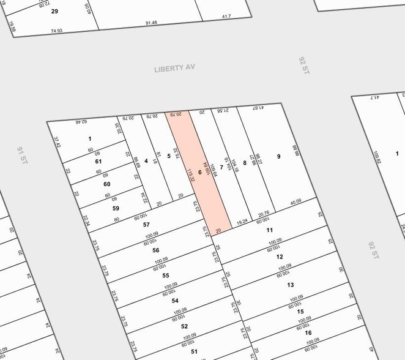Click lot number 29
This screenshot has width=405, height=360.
(x=54, y=12)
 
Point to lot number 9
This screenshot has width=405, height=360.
(x=278, y=157)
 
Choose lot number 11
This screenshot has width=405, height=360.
(x=269, y=230)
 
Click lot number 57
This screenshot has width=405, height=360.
(x=146, y=225)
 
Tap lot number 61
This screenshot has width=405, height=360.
(x=98, y=161)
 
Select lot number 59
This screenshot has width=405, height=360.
(x=115, y=208)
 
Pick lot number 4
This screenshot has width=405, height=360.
(x=146, y=161)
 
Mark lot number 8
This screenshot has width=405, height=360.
(x=245, y=163)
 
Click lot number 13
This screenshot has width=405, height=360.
(x=291, y=285)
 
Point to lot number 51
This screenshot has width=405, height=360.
(x=194, y=351)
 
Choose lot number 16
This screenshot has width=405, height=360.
(x=309, y=333)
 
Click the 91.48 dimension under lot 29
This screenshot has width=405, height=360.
(x=151, y=23)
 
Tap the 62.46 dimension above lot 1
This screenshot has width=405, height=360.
(x=81, y=123)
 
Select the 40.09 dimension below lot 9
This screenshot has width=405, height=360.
(x=296, y=201)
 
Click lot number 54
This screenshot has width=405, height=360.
(x=175, y=301)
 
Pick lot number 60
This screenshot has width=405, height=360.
(x=106, y=184)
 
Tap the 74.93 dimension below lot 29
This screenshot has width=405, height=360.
(x=57, y=31)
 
